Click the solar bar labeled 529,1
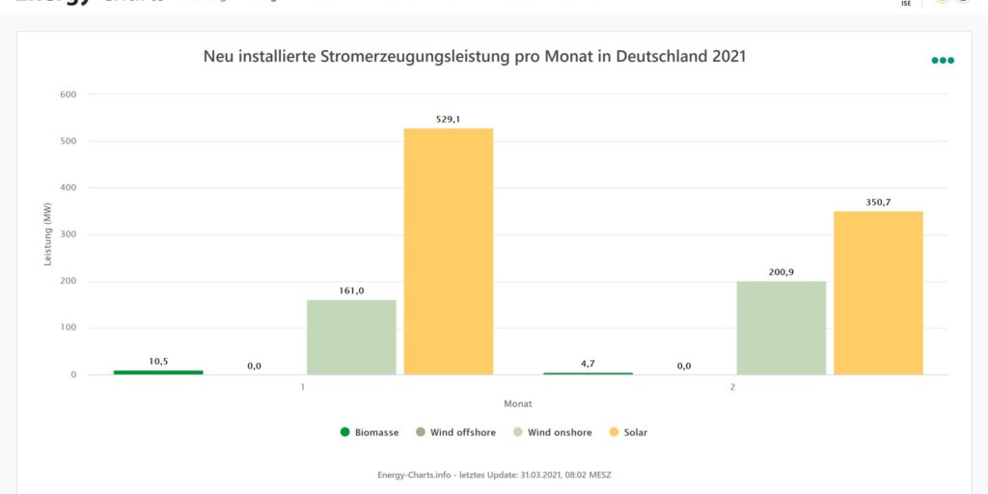[449, 251]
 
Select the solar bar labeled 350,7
[878, 292]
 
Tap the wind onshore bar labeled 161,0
[351, 337]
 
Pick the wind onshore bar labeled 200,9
[781, 327]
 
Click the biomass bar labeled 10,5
[158, 371]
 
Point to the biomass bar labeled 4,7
[588, 372]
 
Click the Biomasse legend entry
[370, 432]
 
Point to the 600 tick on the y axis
[68, 95]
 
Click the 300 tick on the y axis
[68, 234]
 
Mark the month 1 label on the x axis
[303, 387]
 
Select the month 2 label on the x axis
[732, 387]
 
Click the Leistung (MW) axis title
[48, 234]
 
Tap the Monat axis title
[517, 403]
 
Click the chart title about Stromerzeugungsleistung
[475, 57]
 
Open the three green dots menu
[943, 60]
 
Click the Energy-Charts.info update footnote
[494, 475]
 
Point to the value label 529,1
[449, 120]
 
